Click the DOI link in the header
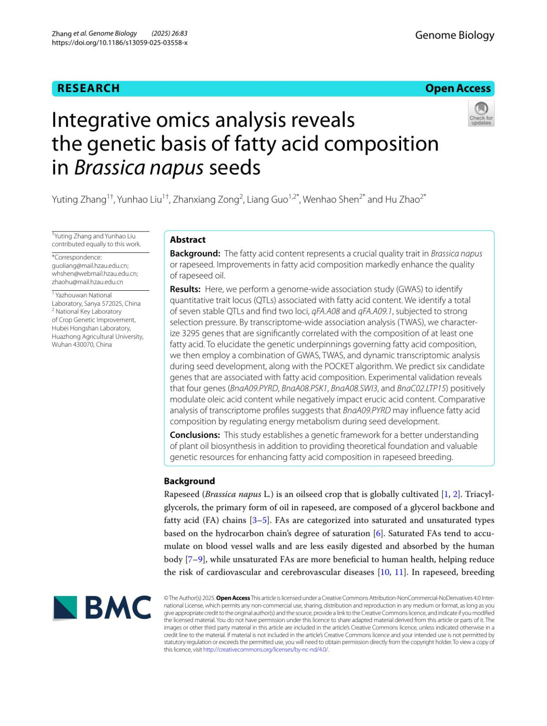tap(119, 43)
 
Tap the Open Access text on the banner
tap(458, 88)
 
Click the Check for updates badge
tap(481, 113)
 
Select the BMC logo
tap(102, 608)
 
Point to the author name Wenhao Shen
tap(330, 200)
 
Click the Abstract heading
tap(187, 240)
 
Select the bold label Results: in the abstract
tap(185, 289)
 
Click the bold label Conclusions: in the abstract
tap(195, 435)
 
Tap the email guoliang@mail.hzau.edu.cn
tap(90, 266)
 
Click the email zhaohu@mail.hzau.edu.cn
tap(87, 282)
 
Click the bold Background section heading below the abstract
tap(189, 481)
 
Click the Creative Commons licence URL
tap(265, 650)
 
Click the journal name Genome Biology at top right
tap(454, 36)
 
